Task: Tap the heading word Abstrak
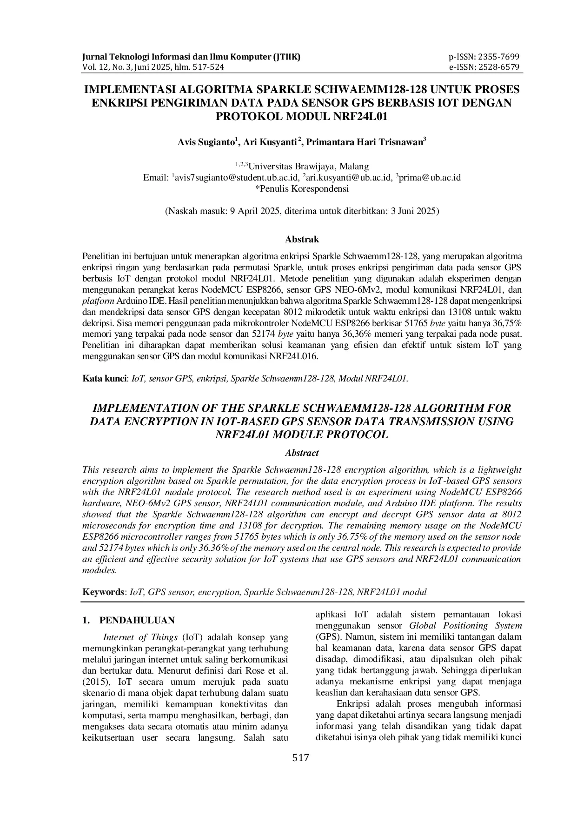click(302, 240)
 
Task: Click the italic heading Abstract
click(302, 453)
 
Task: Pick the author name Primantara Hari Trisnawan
click(364, 142)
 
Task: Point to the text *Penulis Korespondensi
click(302, 189)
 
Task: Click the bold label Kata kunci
click(105, 378)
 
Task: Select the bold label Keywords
click(103, 592)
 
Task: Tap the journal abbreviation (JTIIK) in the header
click(287, 57)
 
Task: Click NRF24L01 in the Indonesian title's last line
click(361, 116)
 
